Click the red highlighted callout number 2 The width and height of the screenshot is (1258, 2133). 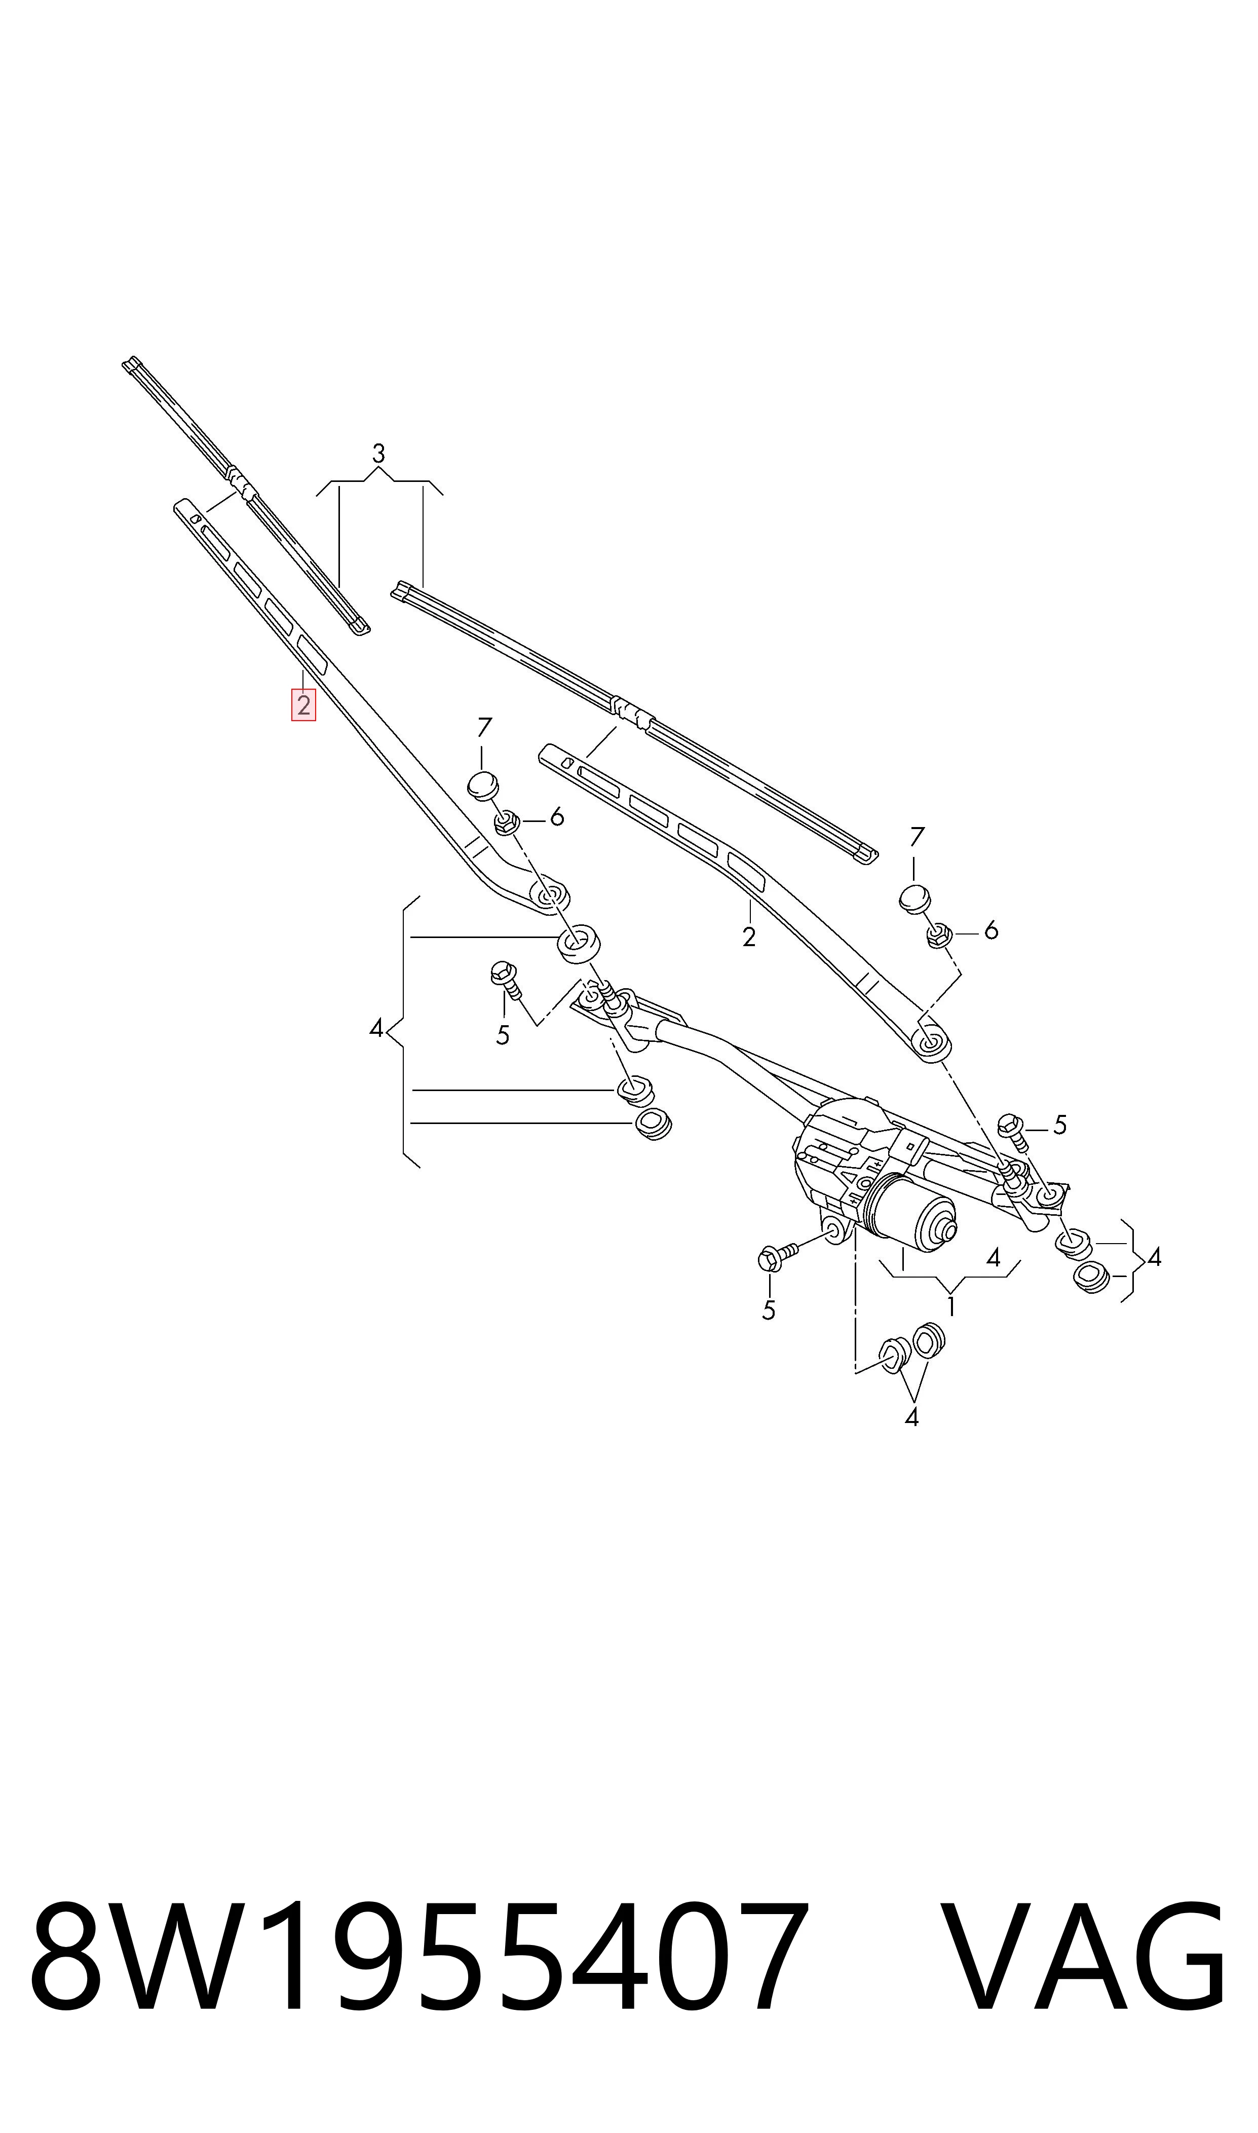click(x=303, y=704)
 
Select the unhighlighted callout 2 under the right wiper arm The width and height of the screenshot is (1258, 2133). click(x=748, y=937)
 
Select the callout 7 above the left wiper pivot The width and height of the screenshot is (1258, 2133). click(x=484, y=727)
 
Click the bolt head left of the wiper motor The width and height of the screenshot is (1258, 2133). click(x=769, y=1259)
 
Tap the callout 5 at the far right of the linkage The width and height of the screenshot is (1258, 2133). click(x=1059, y=1125)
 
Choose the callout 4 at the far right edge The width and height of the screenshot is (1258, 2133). click(x=1154, y=1257)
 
